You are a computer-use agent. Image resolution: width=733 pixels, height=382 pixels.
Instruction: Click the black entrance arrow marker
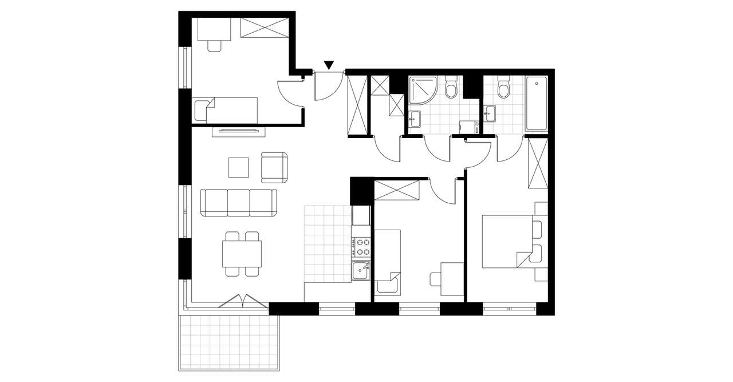(329, 65)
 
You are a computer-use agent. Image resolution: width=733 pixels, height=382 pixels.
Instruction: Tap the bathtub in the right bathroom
(537, 103)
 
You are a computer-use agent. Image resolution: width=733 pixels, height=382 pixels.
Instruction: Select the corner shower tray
(423, 91)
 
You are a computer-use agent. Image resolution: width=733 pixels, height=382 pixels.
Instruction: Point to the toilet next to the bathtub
(504, 88)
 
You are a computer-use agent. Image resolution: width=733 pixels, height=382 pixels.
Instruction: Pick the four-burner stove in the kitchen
(362, 247)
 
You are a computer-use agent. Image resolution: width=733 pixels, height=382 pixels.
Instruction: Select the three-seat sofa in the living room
(239, 203)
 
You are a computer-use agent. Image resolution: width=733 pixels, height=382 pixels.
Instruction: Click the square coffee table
(239, 168)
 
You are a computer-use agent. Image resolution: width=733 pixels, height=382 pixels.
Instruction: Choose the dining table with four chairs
(242, 254)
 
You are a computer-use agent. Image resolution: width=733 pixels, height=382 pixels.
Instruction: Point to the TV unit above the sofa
(239, 132)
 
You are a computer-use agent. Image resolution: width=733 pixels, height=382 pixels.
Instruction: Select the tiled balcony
(230, 342)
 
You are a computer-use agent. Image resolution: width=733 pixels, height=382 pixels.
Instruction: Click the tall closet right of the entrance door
(357, 106)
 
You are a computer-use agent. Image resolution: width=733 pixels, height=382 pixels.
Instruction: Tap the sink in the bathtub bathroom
(490, 113)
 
